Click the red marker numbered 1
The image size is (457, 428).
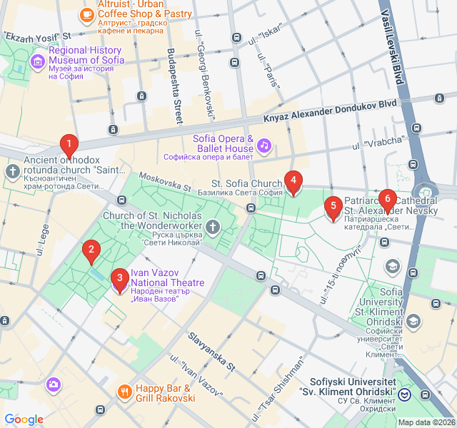click(69, 146)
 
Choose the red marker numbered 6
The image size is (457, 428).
click(387, 200)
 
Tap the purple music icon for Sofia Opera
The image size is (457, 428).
click(264, 146)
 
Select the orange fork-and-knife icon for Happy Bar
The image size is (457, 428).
click(125, 391)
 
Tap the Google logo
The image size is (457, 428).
click(24, 419)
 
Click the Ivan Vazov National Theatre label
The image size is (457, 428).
click(167, 278)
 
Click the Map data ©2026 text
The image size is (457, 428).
click(426, 422)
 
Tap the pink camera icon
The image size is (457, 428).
click(53, 385)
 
